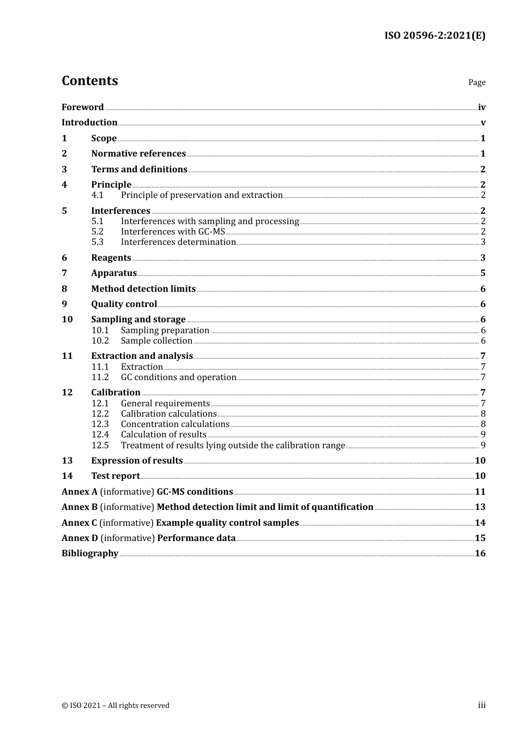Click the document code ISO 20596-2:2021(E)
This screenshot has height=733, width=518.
[x=435, y=35]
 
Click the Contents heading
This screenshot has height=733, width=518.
[x=89, y=81]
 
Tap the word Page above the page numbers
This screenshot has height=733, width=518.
[x=477, y=82]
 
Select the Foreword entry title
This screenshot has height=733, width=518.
[x=82, y=107]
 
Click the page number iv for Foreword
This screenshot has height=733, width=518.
[x=481, y=107]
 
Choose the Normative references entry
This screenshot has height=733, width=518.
[x=138, y=154]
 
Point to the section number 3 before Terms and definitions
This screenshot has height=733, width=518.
[x=64, y=170]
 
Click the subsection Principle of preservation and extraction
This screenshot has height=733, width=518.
[x=202, y=195]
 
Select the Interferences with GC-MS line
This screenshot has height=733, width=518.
[x=173, y=232]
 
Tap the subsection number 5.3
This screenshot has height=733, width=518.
[x=98, y=242]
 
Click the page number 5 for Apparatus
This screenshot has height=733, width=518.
[x=483, y=273]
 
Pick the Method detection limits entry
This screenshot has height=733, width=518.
[x=143, y=289]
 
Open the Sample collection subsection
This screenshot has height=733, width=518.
[x=156, y=341]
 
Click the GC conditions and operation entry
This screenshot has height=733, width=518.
[x=178, y=377]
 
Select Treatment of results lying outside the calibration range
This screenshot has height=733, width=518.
[x=233, y=446]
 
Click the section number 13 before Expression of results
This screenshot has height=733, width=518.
[x=67, y=461]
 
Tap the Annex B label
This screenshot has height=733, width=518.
[x=80, y=507]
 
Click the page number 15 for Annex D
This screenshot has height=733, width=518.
[x=480, y=538]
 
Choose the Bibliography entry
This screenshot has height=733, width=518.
[x=90, y=554]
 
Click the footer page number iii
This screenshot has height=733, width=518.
[x=481, y=705]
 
